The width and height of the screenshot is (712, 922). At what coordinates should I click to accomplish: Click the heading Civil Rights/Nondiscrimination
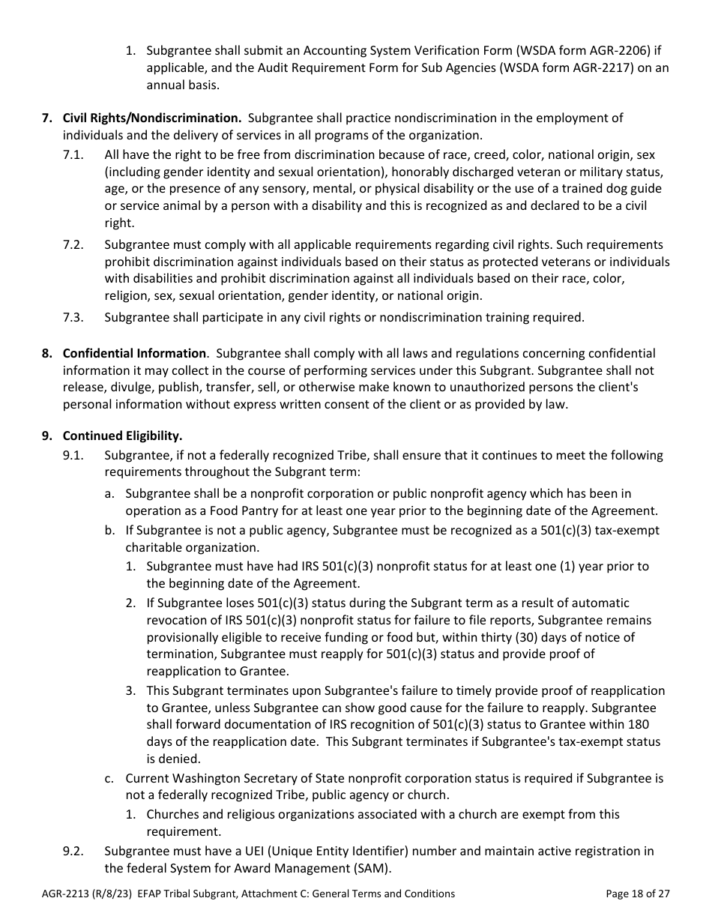(151, 118)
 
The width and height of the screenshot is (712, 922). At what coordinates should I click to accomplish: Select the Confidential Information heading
(134, 353)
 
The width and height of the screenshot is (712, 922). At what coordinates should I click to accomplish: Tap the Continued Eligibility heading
(122, 436)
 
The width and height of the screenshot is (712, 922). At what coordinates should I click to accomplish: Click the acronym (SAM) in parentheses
(372, 868)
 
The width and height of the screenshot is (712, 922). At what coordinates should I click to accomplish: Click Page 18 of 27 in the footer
(637, 894)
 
